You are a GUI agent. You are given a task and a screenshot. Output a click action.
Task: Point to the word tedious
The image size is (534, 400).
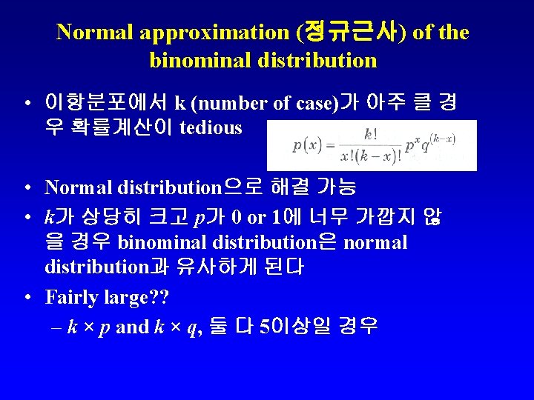pyautogui.click(x=211, y=127)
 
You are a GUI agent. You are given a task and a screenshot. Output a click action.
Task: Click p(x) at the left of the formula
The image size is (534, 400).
pyautogui.click(x=306, y=145)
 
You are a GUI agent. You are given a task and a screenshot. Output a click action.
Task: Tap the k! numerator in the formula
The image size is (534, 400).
pyautogui.click(x=371, y=135)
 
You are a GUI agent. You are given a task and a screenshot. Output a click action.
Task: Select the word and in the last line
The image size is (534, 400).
pyautogui.click(x=132, y=327)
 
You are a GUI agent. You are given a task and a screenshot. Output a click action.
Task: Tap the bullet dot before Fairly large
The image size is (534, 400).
pyautogui.click(x=27, y=299)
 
